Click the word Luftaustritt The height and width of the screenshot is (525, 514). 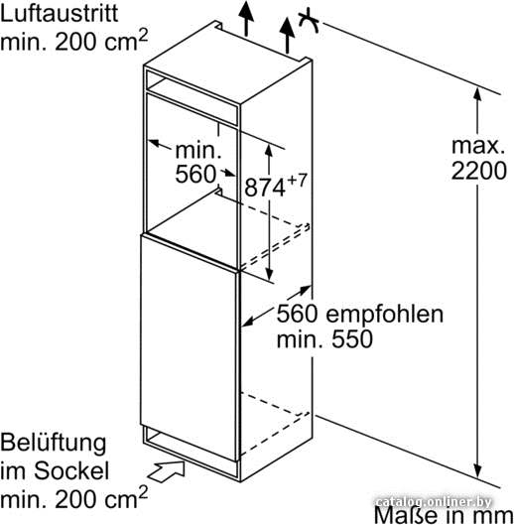(x=60, y=13)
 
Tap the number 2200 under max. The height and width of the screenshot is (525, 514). (x=479, y=171)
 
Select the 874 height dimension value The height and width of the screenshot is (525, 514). (x=265, y=188)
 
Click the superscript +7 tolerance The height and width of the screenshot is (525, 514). (x=297, y=181)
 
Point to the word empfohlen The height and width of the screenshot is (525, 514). (x=385, y=315)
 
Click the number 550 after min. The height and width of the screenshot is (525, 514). (x=352, y=338)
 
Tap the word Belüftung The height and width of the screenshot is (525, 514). (x=54, y=444)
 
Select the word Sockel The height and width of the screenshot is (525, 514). (x=71, y=470)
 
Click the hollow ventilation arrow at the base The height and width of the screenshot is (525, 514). (x=166, y=471)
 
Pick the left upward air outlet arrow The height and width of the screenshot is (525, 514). (x=246, y=19)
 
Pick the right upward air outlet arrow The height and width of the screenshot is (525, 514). (x=287, y=35)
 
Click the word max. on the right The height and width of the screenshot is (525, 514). (x=478, y=146)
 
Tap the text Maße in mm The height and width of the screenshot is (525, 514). (x=444, y=515)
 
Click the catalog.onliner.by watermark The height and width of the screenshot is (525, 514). (x=434, y=502)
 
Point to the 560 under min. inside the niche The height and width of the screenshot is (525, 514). (x=195, y=174)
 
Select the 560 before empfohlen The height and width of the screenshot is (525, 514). (x=297, y=315)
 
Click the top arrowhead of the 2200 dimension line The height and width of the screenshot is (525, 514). (x=477, y=94)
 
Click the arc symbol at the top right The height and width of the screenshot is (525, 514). (x=309, y=22)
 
